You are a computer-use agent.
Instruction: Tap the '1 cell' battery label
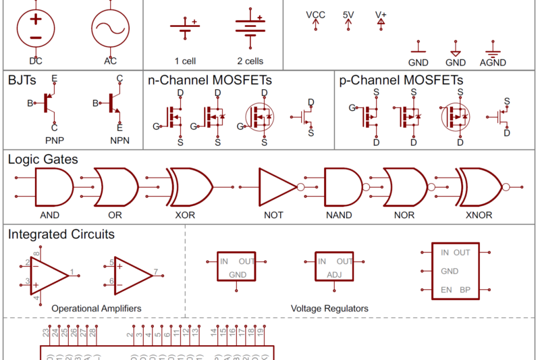click(x=185, y=61)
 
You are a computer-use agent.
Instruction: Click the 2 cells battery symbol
click(x=250, y=27)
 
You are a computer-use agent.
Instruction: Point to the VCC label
click(x=315, y=14)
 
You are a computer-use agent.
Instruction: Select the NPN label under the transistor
click(x=119, y=141)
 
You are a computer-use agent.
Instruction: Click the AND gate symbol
click(x=53, y=187)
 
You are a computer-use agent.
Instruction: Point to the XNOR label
click(x=479, y=215)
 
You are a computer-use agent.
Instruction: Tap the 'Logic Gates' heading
click(x=43, y=159)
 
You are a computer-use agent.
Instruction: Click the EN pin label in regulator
click(x=446, y=290)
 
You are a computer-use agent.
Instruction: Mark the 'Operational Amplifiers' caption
click(x=97, y=308)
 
